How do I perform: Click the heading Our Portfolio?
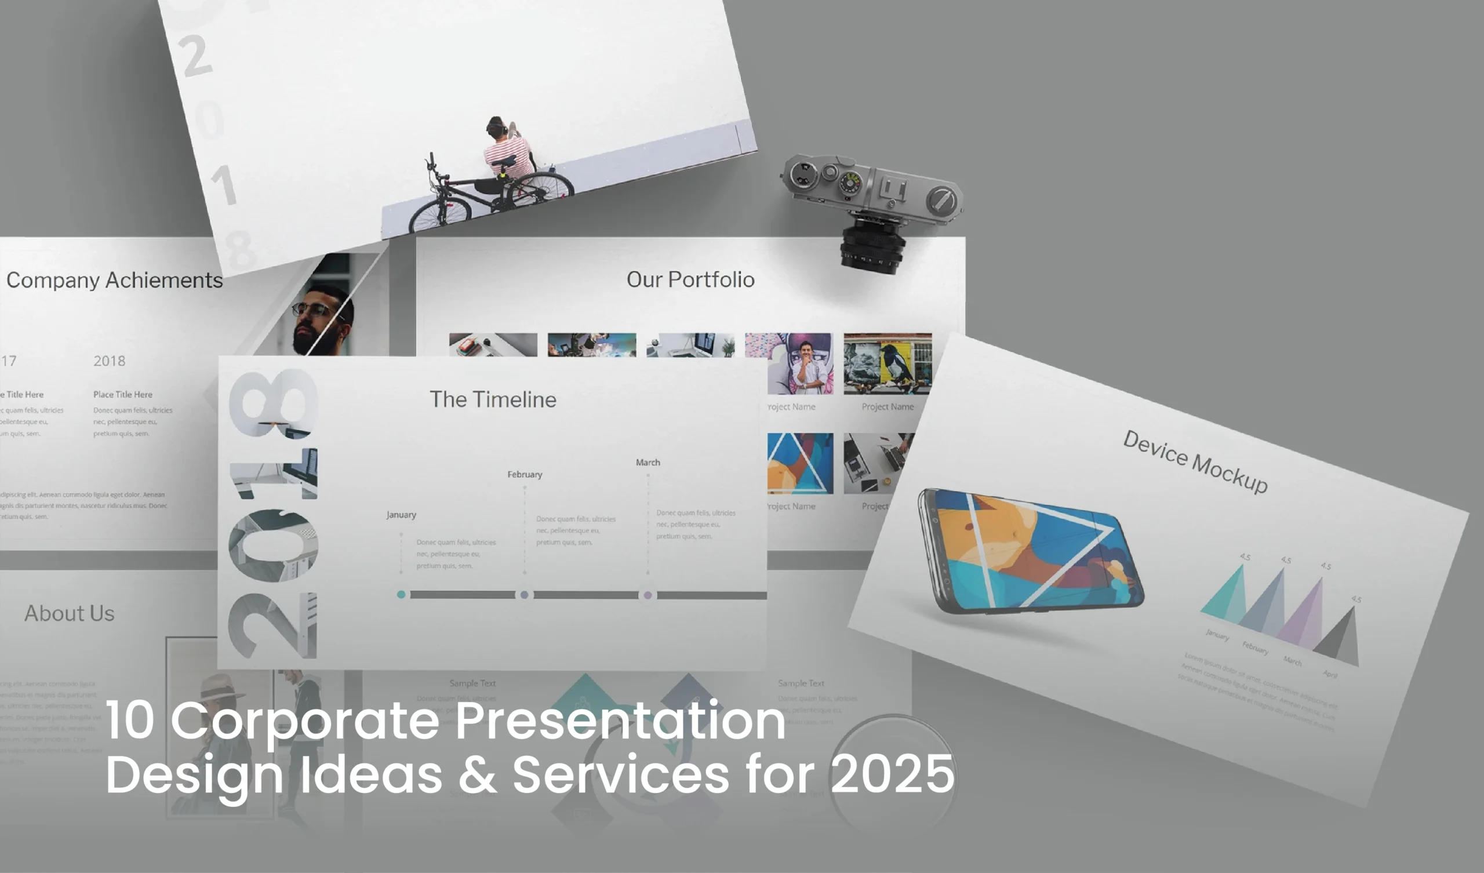coord(690,280)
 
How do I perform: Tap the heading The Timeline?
coord(493,399)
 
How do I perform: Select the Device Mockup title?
coord(1195,462)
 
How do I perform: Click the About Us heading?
coord(70,613)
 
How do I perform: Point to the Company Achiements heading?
coord(114,281)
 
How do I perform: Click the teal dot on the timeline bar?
coord(401,594)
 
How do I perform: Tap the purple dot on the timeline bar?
coord(648,595)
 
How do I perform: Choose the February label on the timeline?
coord(525,474)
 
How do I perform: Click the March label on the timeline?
coord(648,463)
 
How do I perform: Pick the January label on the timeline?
coord(401,515)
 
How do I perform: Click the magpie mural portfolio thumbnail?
coord(888,363)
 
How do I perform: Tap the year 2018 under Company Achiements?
coord(109,361)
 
